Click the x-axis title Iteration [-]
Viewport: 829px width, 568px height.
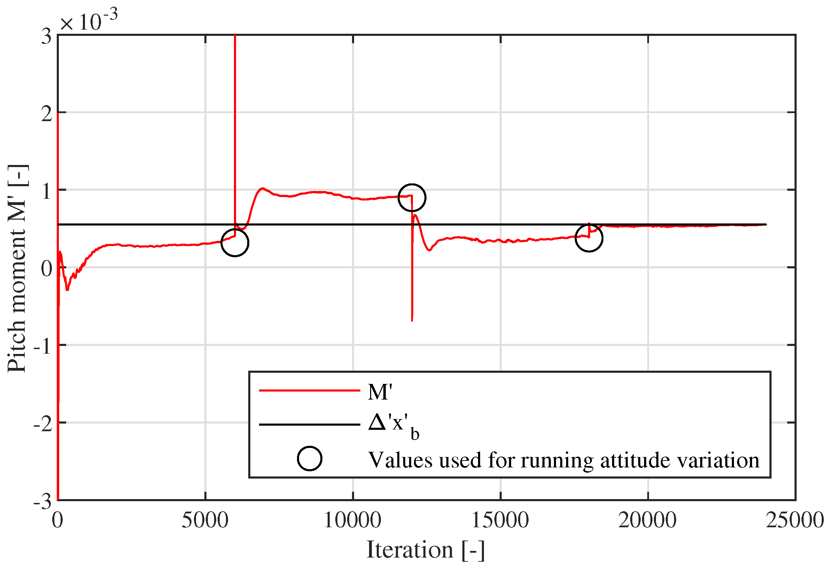(425, 550)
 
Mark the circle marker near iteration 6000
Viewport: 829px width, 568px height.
(235, 243)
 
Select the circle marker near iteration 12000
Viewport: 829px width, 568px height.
(412, 198)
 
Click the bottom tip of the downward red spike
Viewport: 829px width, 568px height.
(412, 321)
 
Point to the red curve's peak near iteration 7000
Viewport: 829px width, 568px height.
(263, 188)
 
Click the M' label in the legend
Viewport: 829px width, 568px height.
(380, 393)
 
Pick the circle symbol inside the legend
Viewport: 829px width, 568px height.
(309, 458)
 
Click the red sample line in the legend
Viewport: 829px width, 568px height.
(309, 390)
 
